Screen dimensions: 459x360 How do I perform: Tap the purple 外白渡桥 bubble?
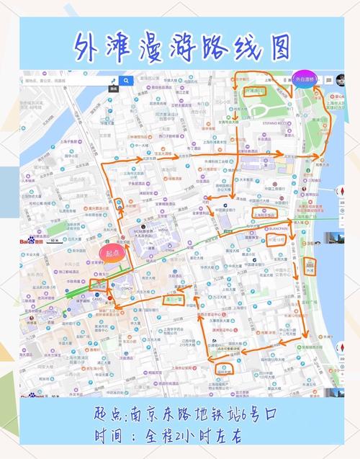pos(305,79)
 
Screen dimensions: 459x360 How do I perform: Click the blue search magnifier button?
pos(127,81)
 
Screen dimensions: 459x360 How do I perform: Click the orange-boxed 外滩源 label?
pos(255,92)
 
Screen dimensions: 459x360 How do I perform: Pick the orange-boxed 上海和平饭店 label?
pos(265,214)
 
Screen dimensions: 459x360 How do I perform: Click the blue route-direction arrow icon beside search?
pos(113,81)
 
